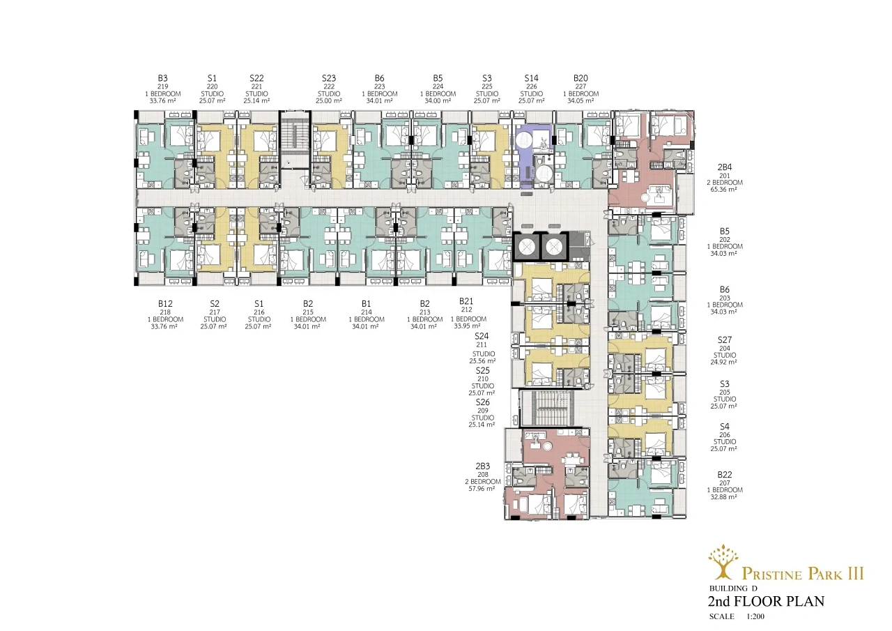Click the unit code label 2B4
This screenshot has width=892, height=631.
[x=724, y=167]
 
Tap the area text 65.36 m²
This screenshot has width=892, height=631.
[x=723, y=190]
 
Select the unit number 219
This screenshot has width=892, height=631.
[x=162, y=86]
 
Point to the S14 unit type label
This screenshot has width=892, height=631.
[x=531, y=79]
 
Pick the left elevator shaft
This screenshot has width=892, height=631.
[x=526, y=247]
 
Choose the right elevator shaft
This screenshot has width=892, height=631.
[x=554, y=247]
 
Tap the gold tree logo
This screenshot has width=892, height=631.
[x=723, y=562]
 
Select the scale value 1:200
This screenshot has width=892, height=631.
[x=755, y=616]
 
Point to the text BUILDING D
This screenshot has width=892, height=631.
[x=732, y=588]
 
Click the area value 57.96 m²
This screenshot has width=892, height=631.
[x=482, y=488]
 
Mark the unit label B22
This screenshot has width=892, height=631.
[x=724, y=474]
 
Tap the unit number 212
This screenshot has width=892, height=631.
[x=466, y=310]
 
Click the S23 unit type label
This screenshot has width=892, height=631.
[x=329, y=79]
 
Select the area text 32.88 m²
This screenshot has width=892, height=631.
[x=723, y=497]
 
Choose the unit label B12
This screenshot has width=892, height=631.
[x=165, y=304]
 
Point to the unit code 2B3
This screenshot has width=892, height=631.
[x=483, y=466]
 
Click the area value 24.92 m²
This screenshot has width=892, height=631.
[x=723, y=362]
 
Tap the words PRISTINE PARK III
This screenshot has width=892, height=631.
[x=803, y=574]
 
